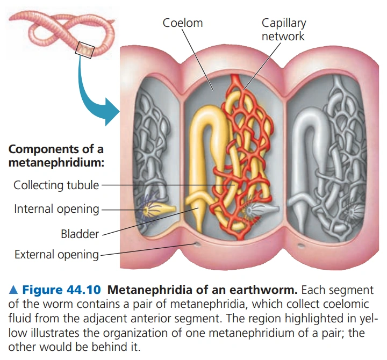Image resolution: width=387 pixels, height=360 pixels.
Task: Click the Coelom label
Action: click(x=183, y=23)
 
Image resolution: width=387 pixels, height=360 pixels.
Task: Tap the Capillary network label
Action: click(x=283, y=30)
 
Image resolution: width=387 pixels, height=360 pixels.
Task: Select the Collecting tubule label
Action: click(x=56, y=185)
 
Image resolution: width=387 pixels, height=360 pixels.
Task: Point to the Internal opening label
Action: click(x=56, y=209)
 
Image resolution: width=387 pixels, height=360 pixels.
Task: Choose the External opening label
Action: click(x=56, y=255)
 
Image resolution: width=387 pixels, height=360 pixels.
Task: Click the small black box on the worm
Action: click(x=85, y=51)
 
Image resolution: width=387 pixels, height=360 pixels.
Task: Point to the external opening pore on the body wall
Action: click(x=198, y=245)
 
